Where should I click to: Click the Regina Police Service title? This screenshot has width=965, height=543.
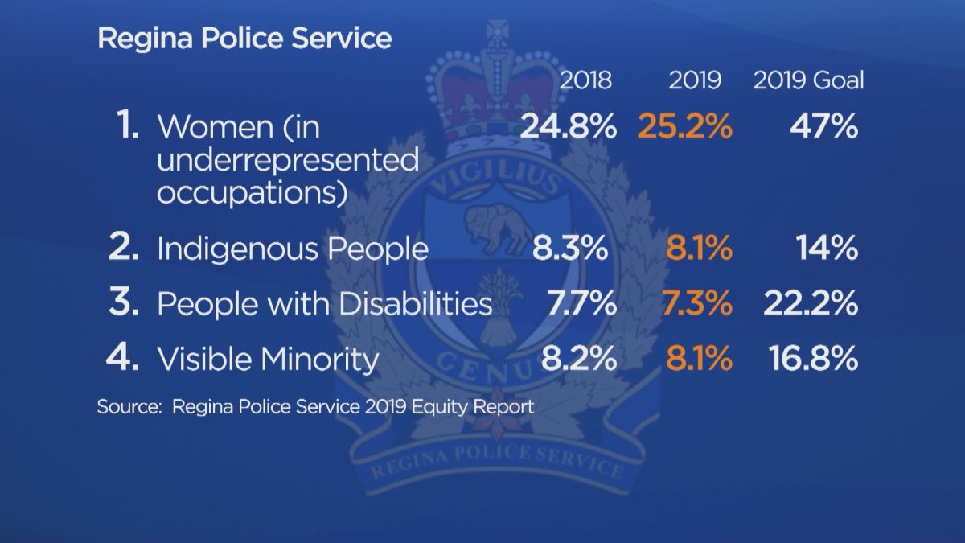(244, 39)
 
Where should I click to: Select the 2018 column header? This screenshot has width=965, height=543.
(585, 80)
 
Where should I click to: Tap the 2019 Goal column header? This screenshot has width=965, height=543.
(808, 80)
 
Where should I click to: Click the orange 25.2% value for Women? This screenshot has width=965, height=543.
(685, 127)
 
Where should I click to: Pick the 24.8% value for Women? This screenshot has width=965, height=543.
(569, 127)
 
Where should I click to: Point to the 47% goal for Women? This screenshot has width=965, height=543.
(824, 127)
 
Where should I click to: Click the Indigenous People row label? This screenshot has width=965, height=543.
(293, 249)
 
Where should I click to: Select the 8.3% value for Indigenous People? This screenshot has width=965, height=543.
(570, 249)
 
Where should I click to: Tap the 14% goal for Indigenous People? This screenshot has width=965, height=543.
(827, 249)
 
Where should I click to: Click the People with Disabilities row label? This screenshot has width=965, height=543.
(324, 303)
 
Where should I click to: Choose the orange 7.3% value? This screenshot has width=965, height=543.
(697, 303)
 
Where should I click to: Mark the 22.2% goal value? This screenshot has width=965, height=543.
(811, 303)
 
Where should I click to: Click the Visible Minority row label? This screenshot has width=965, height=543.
(268, 359)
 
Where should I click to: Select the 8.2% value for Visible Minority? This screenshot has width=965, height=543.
(579, 358)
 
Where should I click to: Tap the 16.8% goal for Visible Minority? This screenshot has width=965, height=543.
(813, 358)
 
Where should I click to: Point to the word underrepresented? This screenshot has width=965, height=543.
(288, 160)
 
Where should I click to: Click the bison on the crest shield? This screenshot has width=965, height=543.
(496, 228)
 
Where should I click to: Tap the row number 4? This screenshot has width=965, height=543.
(123, 358)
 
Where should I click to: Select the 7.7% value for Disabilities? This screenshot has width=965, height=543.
(581, 303)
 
